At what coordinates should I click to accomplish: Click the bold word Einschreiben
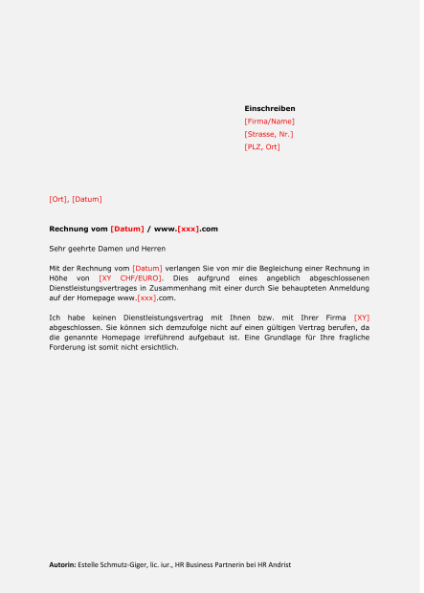(270, 109)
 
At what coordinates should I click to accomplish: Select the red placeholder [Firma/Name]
(270, 121)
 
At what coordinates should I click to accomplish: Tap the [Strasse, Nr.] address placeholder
(269, 134)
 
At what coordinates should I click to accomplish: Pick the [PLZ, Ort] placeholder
(262, 147)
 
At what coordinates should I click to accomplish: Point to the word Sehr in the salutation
(56, 249)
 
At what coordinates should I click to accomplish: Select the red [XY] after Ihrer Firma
(361, 317)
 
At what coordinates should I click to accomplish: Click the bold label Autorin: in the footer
(62, 565)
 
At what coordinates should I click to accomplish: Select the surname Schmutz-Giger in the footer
(125, 565)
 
